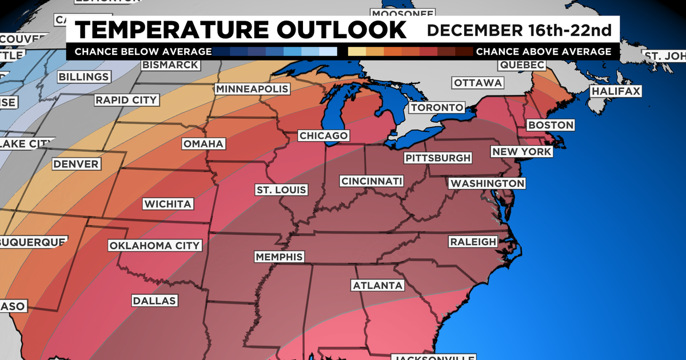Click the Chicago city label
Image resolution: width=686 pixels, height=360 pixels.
click(323, 135)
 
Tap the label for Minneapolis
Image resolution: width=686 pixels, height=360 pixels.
click(252, 89)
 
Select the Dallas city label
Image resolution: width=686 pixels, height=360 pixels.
click(155, 301)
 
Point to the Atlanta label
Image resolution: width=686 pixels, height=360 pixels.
click(378, 285)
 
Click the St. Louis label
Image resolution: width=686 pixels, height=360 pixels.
click(281, 190)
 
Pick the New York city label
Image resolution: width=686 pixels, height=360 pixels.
click(521, 151)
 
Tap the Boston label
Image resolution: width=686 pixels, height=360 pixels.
click(550, 125)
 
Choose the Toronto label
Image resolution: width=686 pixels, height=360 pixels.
click(437, 107)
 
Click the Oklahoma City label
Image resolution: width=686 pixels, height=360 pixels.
click(155, 246)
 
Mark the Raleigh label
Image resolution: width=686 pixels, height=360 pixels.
click(473, 242)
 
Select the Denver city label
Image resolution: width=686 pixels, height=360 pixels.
click(76, 165)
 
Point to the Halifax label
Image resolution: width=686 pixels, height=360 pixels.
click(616, 91)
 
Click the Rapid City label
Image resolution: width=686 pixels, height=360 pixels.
click(126, 100)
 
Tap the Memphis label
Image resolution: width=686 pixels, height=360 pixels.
click(279, 257)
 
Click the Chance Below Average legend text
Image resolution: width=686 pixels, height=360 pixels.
click(142, 51)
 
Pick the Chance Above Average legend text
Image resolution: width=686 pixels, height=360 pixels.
click(544, 51)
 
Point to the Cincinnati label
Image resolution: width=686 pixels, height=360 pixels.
click(372, 181)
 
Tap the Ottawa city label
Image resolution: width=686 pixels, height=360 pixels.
click(478, 83)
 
